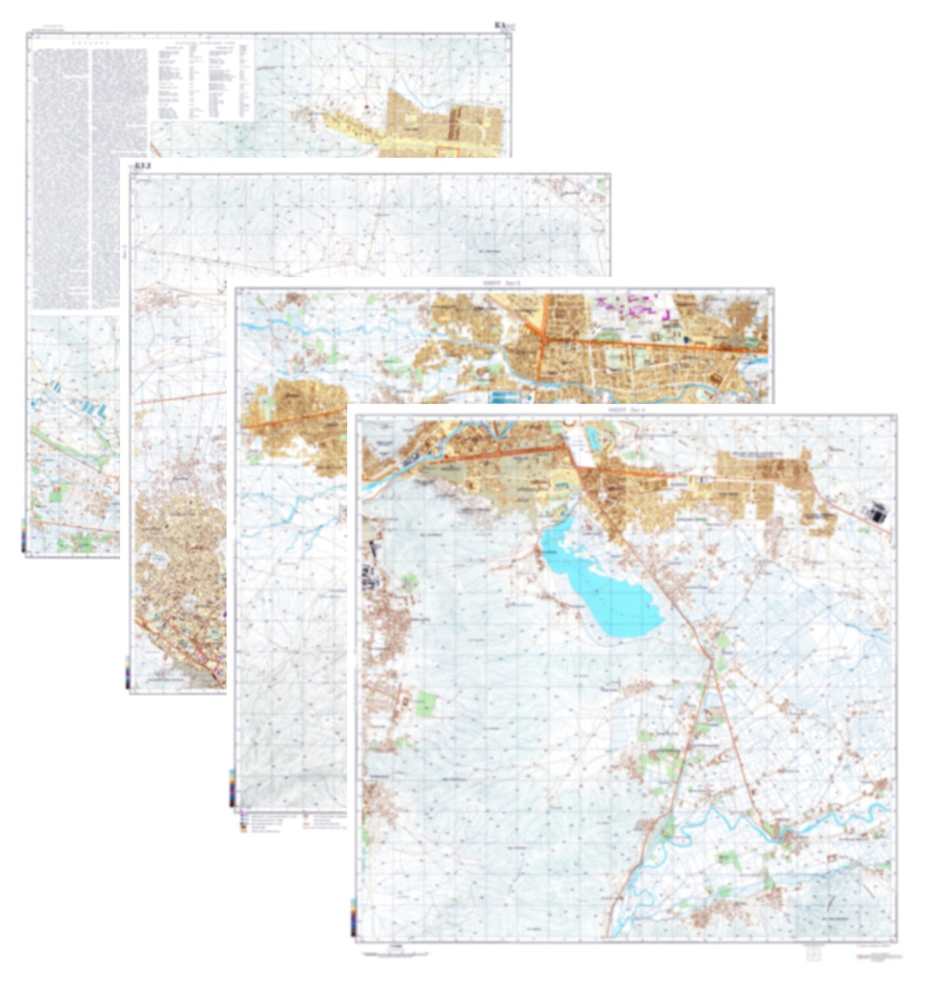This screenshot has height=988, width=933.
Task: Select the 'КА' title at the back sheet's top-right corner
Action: coord(502,26)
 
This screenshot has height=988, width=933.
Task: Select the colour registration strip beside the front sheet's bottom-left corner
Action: coord(353,917)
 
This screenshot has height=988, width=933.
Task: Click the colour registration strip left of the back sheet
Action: coord(23,535)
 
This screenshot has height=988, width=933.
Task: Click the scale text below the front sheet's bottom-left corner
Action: coord(395,946)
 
